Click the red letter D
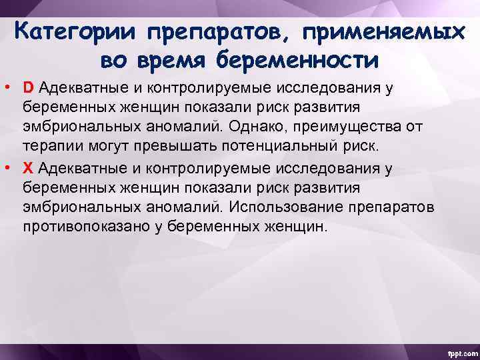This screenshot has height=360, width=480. tap(29, 88)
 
